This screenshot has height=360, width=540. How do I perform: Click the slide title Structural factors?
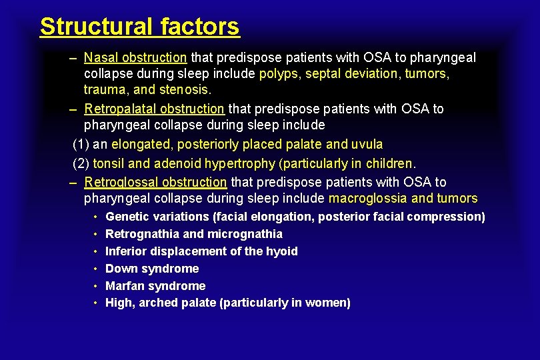pos(139,27)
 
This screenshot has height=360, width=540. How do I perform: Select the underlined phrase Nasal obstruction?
pos(135,58)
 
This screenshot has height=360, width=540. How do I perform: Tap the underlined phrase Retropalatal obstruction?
pos(155,109)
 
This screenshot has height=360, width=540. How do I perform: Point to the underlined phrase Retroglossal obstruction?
pos(156,182)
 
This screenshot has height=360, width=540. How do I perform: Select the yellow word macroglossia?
pos(368,198)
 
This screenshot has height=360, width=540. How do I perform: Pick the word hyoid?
pos(283,251)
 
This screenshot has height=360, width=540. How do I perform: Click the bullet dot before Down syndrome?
pos(97,269)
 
